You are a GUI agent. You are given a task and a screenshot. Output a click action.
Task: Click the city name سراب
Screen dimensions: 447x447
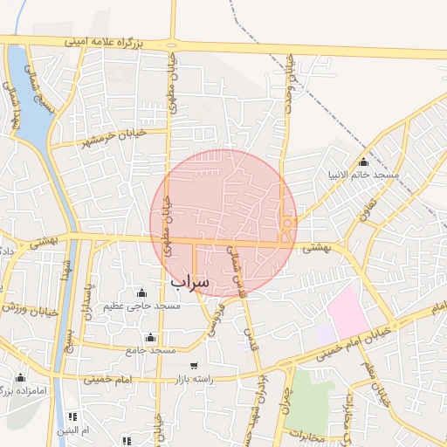click(189, 282)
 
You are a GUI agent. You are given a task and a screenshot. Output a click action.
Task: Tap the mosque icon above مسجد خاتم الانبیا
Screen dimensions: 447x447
click(363, 162)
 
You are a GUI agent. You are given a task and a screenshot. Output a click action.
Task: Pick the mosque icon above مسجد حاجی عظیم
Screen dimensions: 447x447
click(141, 292)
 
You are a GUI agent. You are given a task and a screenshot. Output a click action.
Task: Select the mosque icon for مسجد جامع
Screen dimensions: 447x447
click(151, 337)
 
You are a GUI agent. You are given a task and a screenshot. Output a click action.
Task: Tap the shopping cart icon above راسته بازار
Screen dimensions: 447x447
click(193, 366)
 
